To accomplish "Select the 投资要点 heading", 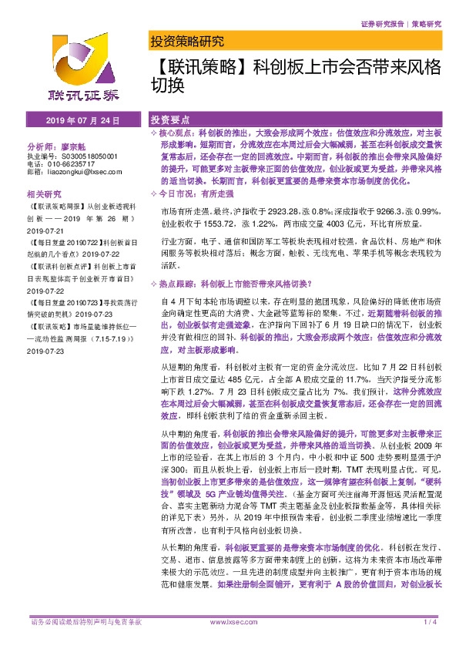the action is pos(170,121).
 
